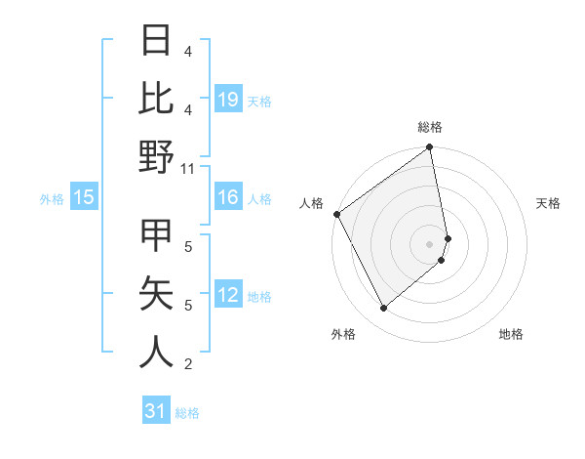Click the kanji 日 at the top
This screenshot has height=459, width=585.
(x=157, y=42)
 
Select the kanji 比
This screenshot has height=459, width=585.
(x=157, y=98)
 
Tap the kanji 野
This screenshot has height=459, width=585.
(x=157, y=155)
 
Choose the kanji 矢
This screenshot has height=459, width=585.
(x=157, y=292)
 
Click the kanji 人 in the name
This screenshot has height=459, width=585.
(x=157, y=350)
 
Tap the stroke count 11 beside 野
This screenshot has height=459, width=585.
(x=189, y=168)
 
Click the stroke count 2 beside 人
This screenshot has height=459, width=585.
(x=188, y=364)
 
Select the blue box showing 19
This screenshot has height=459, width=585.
(x=228, y=100)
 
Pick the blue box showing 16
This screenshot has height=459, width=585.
(x=228, y=198)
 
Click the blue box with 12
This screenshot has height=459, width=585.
(x=228, y=296)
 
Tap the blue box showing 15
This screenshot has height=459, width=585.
(x=84, y=198)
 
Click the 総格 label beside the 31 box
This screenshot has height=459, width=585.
(x=187, y=414)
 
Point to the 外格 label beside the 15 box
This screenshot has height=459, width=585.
(x=52, y=199)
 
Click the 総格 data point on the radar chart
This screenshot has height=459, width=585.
(x=430, y=148)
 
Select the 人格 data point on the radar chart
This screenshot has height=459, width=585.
(x=336, y=214)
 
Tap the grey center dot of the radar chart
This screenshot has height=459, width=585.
(x=430, y=243)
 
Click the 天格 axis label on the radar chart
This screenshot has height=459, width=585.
(x=549, y=203)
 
